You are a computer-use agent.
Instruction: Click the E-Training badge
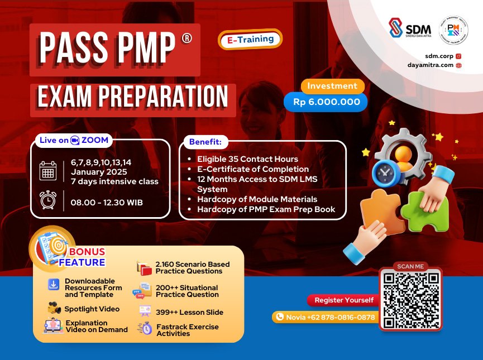pyautogui.click(x=250, y=40)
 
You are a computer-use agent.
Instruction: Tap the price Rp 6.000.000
pyautogui.click(x=326, y=102)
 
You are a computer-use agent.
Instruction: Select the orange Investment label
pyautogui.click(x=332, y=86)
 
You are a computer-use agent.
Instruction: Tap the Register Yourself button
pyautogui.click(x=343, y=300)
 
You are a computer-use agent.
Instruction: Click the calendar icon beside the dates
pyautogui.click(x=48, y=170)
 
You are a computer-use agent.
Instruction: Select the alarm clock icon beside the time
pyautogui.click(x=48, y=200)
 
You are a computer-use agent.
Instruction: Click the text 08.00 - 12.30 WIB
pyautogui.click(x=107, y=201)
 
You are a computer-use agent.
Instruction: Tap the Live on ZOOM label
pyautogui.click(x=74, y=140)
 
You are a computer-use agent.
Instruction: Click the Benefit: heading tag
pyautogui.click(x=205, y=142)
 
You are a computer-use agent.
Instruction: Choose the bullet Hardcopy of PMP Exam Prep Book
pyautogui.click(x=266, y=209)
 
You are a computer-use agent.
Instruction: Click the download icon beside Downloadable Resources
pyautogui.click(x=54, y=285)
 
